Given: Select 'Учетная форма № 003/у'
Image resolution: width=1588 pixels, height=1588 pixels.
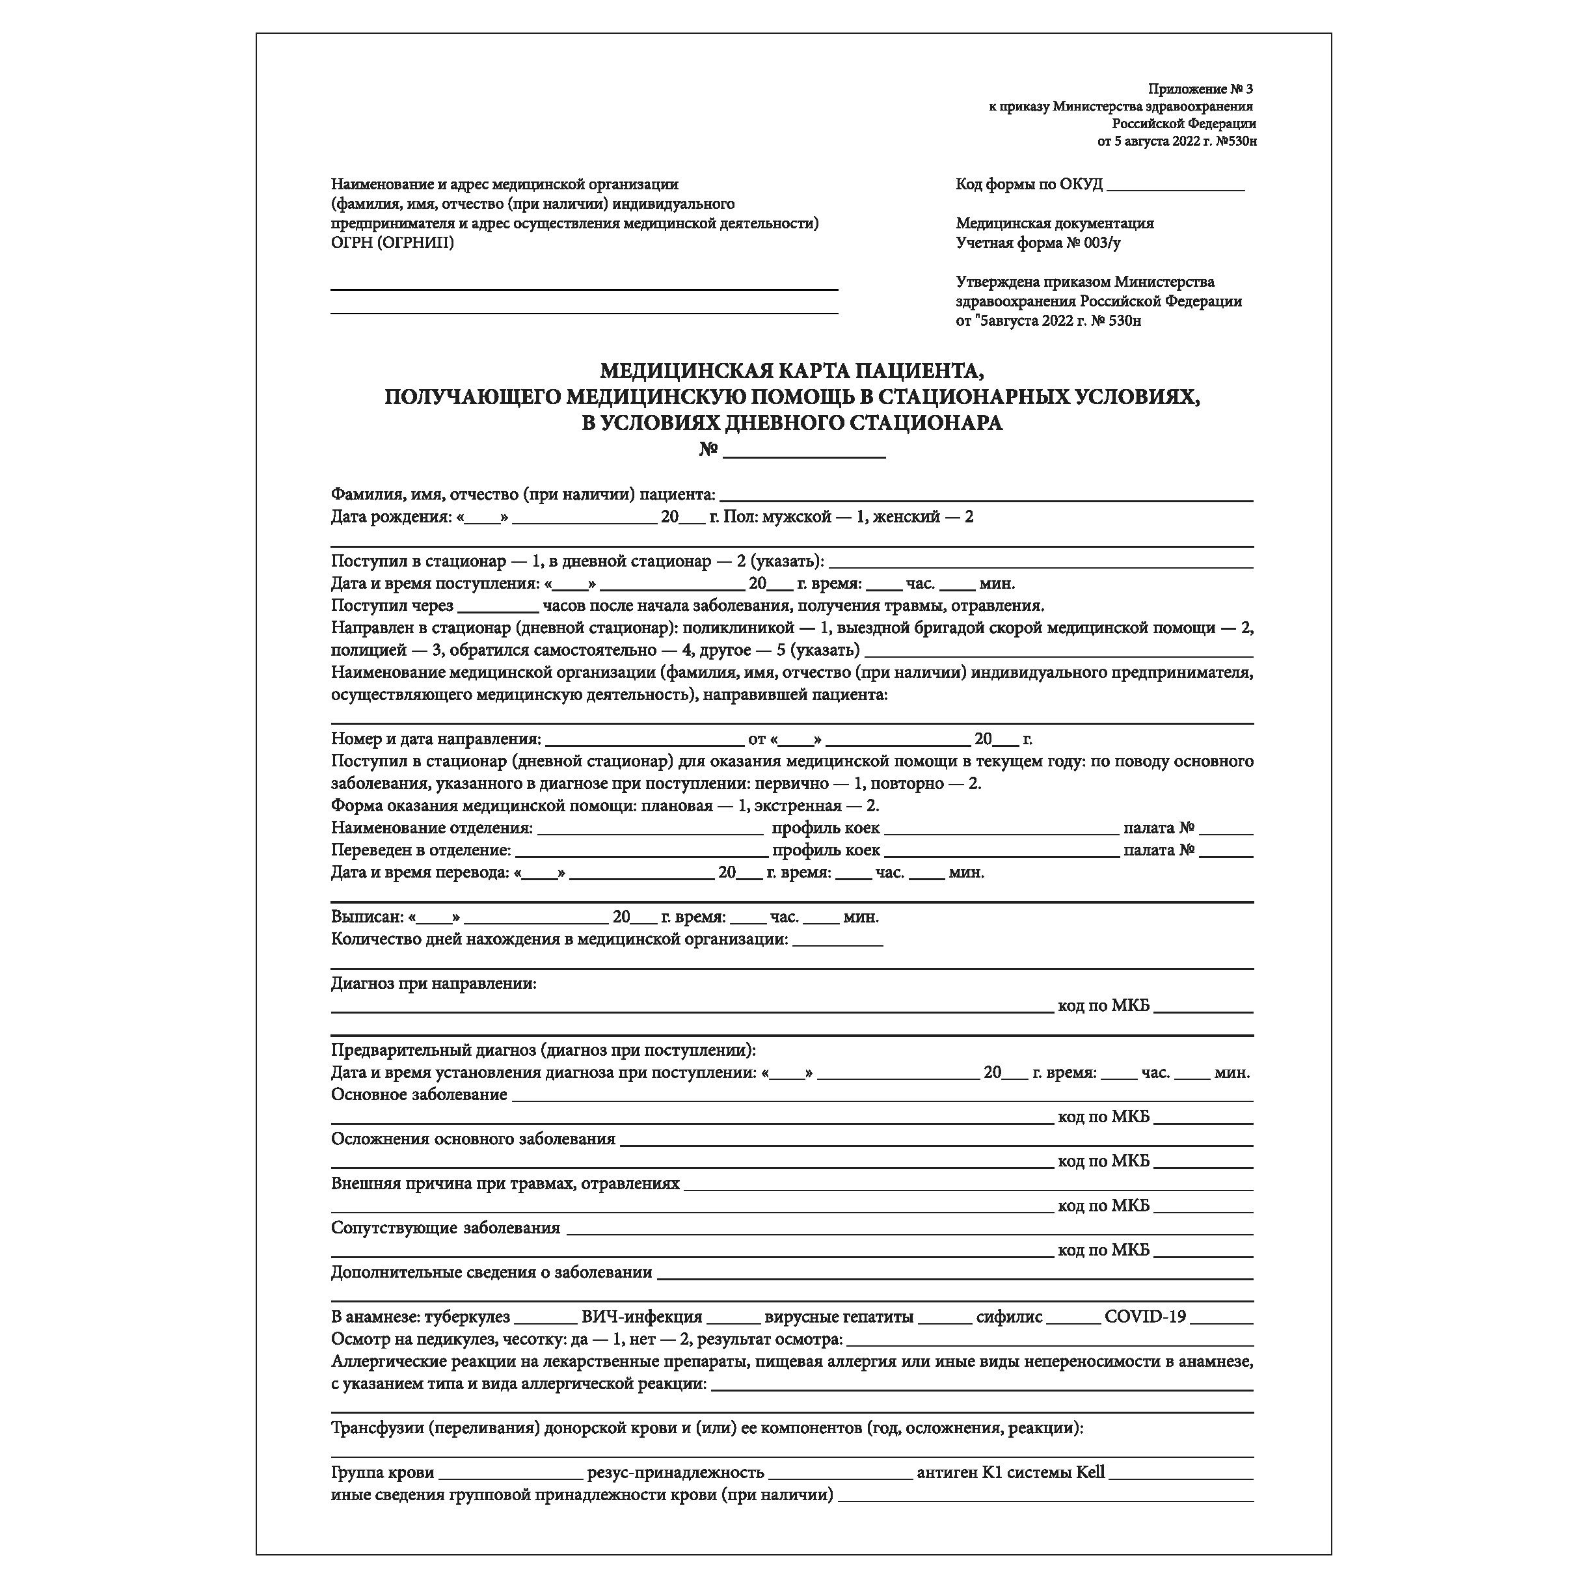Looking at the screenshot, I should [1038, 243].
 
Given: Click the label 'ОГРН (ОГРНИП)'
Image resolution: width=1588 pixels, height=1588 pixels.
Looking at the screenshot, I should [392, 243].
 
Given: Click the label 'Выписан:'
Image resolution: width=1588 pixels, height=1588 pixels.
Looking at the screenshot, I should [368, 917].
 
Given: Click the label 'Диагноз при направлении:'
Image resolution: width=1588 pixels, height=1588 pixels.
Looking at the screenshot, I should [433, 984].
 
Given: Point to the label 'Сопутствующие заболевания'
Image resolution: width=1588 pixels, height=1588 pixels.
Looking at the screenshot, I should [446, 1228].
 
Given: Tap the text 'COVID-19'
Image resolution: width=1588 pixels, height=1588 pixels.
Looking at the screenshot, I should [1145, 1317].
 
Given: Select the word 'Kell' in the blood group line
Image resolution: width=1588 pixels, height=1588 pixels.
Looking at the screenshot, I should [1090, 1472].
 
